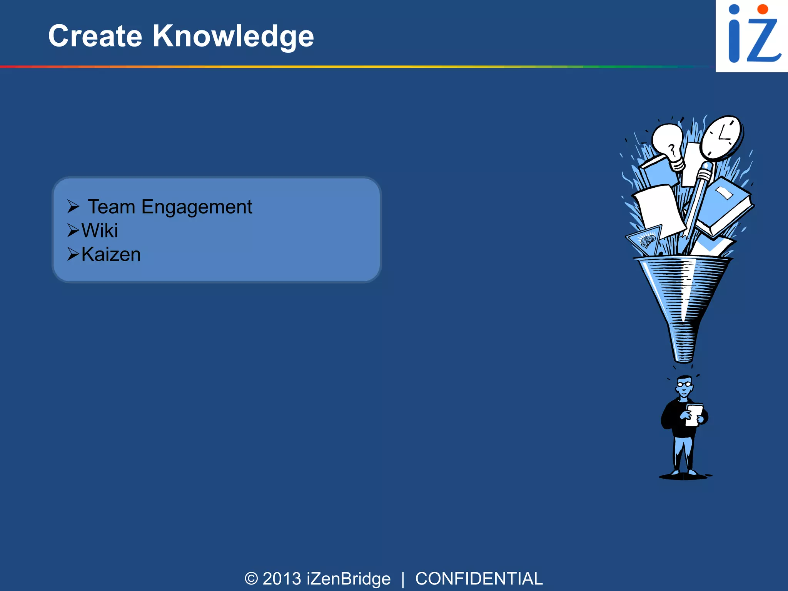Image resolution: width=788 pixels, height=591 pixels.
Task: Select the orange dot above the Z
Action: point(762,9)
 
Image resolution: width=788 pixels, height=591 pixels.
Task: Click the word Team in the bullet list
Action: point(112,207)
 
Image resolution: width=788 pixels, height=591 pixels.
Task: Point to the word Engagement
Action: point(197,207)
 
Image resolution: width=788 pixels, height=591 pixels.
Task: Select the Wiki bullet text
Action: point(100,231)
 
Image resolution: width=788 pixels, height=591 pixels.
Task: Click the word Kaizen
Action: point(111,255)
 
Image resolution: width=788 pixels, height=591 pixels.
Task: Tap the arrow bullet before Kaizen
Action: point(73,254)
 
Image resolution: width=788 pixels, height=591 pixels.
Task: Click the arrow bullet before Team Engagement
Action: point(73,207)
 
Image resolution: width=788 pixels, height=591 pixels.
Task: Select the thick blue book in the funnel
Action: point(725,206)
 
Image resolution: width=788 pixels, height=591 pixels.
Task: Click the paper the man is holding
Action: point(694,415)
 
